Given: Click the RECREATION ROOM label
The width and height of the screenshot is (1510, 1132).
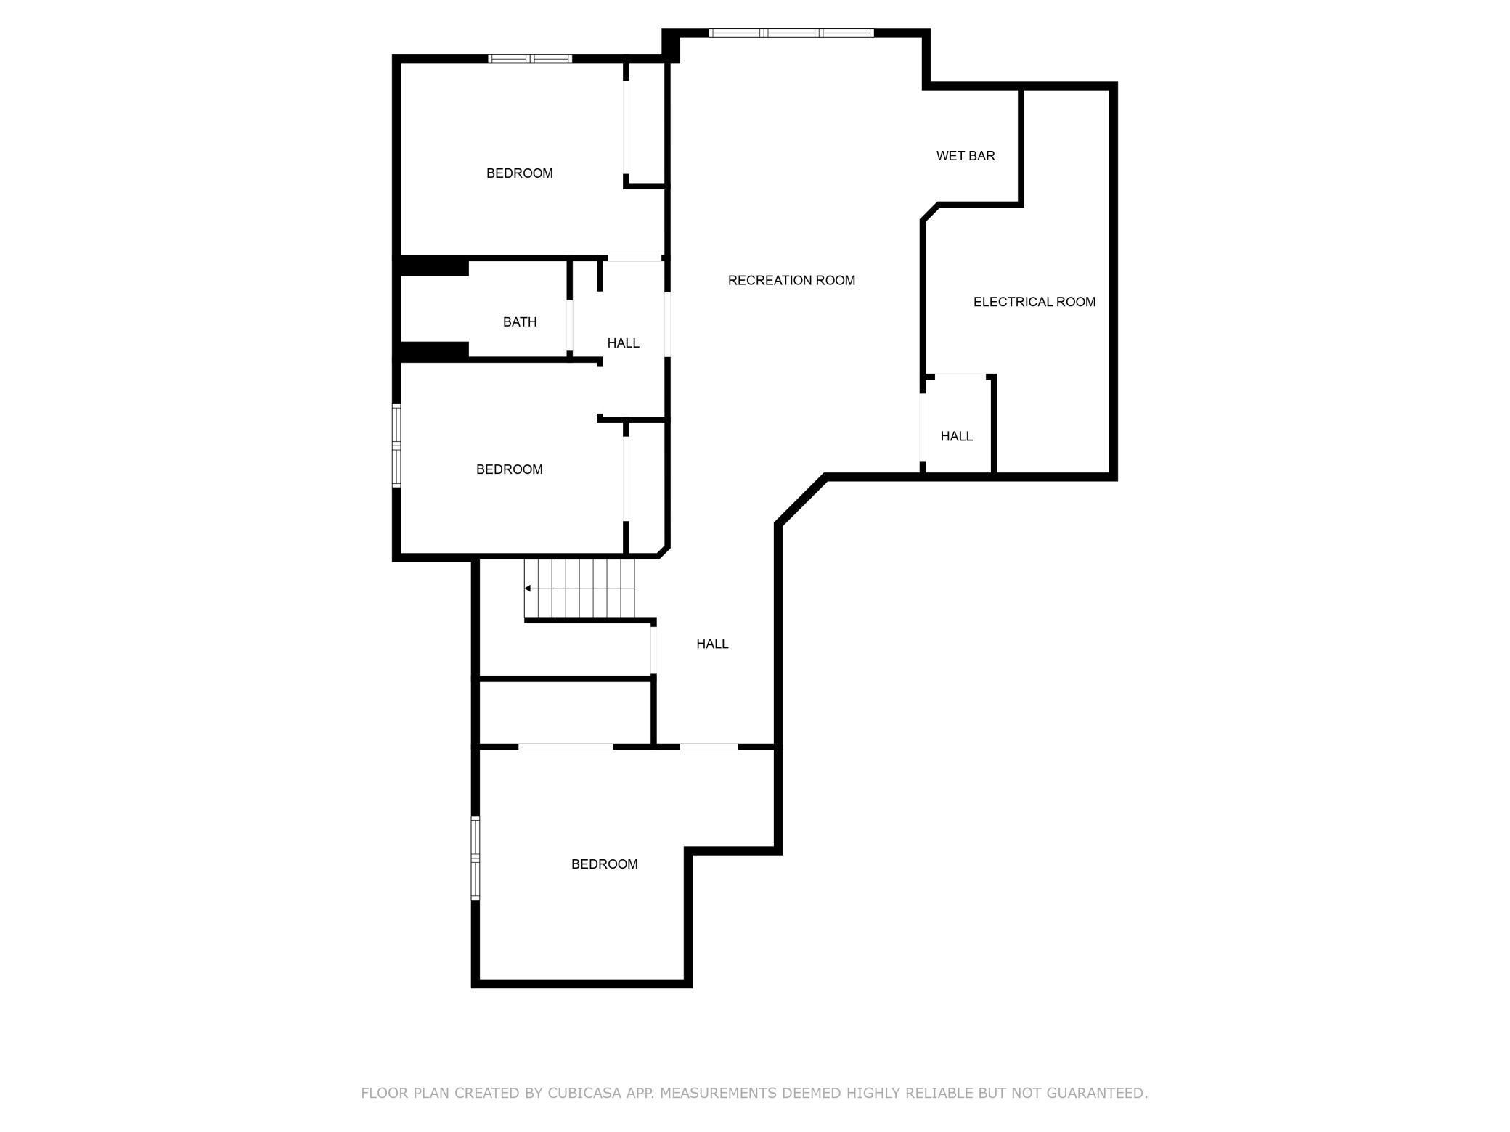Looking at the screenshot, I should point(791,280).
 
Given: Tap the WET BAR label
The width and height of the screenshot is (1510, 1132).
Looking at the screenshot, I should point(965,156).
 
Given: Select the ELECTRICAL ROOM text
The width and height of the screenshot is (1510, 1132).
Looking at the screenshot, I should point(1034,302).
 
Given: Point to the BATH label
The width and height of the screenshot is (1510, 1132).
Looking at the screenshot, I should point(520,321).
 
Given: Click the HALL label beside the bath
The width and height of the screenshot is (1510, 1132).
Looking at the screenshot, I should point(623,343).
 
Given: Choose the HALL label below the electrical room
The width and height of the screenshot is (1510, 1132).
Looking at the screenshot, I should point(956,436).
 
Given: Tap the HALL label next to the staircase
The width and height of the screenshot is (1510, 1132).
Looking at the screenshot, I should point(711,644).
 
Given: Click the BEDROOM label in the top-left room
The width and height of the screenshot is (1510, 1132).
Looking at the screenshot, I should point(519,173).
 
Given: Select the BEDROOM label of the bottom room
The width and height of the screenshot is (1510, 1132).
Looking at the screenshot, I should point(604,864).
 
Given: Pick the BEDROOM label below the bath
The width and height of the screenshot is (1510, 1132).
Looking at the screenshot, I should point(509,469).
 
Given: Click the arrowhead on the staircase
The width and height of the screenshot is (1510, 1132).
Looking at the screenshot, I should point(528,588).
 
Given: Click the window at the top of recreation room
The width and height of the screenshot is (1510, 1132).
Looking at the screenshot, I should point(791,33).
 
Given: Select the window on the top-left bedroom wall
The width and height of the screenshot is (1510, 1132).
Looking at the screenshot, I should point(530,59).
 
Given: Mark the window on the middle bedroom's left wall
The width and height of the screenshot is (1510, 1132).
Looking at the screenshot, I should point(396,446).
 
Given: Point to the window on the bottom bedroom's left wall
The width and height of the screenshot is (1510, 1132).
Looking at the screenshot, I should point(476,858).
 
